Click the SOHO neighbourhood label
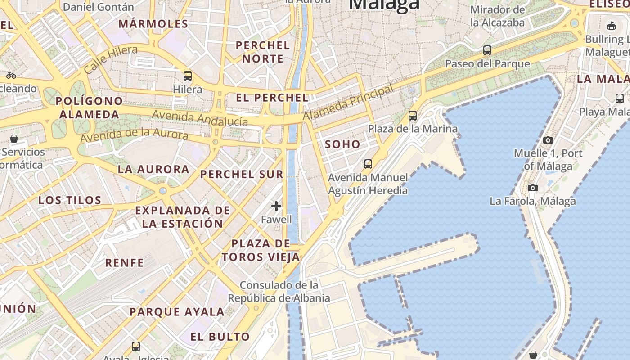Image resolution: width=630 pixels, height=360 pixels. pyautogui.click(x=342, y=144)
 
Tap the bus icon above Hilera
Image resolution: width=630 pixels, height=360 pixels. pyautogui.click(x=188, y=76)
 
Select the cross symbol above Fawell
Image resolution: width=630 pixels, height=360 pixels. pyautogui.click(x=276, y=206)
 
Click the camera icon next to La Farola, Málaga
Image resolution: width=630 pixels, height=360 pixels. pyautogui.click(x=533, y=188)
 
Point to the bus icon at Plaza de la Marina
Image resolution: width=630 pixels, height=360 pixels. pyautogui.click(x=413, y=116)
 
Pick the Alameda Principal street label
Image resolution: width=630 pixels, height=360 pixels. pyautogui.click(x=348, y=103)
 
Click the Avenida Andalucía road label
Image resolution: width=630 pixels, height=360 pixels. pyautogui.click(x=200, y=118)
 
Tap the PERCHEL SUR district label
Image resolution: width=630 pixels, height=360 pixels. pyautogui.click(x=242, y=174)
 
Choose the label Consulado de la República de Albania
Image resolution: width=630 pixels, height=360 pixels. pyautogui.click(x=279, y=292)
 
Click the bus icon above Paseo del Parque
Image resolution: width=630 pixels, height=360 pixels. pyautogui.click(x=487, y=50)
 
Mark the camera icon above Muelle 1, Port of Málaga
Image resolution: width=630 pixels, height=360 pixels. pyautogui.click(x=548, y=140)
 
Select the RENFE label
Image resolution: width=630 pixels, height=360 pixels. pyautogui.click(x=125, y=262)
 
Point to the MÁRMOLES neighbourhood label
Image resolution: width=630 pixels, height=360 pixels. pyautogui.click(x=153, y=24)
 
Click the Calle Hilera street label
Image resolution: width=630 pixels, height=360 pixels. pyautogui.click(x=111, y=59)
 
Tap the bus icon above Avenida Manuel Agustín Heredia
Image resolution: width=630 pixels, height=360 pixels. pyautogui.click(x=368, y=164)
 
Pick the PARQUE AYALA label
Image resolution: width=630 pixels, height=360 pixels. pyautogui.click(x=177, y=311)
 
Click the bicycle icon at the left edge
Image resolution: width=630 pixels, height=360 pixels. pyautogui.click(x=11, y=75)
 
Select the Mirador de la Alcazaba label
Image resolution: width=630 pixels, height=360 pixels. pyautogui.click(x=498, y=16)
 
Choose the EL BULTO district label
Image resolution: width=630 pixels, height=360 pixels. pyautogui.click(x=220, y=337)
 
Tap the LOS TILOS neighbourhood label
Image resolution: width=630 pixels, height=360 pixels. pyautogui.click(x=70, y=200)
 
